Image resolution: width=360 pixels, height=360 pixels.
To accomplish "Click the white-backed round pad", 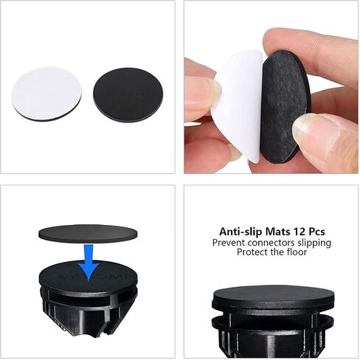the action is (46, 94).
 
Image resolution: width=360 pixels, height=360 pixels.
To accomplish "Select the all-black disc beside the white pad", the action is (128, 94).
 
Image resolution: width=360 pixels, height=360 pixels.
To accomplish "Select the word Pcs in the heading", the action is (317, 232).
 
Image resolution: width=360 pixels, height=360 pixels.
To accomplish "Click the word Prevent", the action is (229, 243).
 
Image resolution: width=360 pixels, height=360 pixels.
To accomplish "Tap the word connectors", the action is (271, 243).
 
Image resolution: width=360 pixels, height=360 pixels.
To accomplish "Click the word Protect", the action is (252, 252).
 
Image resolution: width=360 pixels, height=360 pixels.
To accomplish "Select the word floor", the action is (297, 252).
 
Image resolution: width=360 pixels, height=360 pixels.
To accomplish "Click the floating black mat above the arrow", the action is (88, 234).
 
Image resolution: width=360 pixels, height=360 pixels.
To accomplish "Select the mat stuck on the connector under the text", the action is (273, 297).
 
